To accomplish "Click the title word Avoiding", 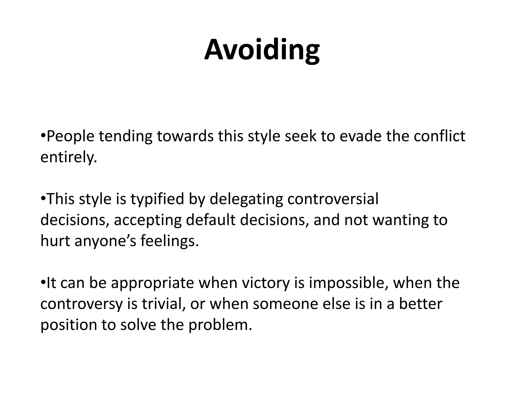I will (x=262, y=50).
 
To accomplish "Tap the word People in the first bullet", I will (x=71, y=136).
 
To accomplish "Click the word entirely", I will (x=69, y=157).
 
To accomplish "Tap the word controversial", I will (x=333, y=199).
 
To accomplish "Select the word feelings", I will (x=169, y=241).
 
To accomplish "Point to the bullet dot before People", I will (x=43, y=135).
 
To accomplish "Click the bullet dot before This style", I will (x=43, y=198).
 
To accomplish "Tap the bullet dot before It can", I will (x=43, y=282).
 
